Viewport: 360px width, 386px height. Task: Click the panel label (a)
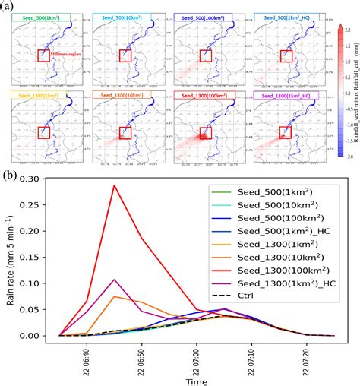[x=11, y=6]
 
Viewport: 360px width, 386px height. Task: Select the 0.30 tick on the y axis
[x=44, y=178]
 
